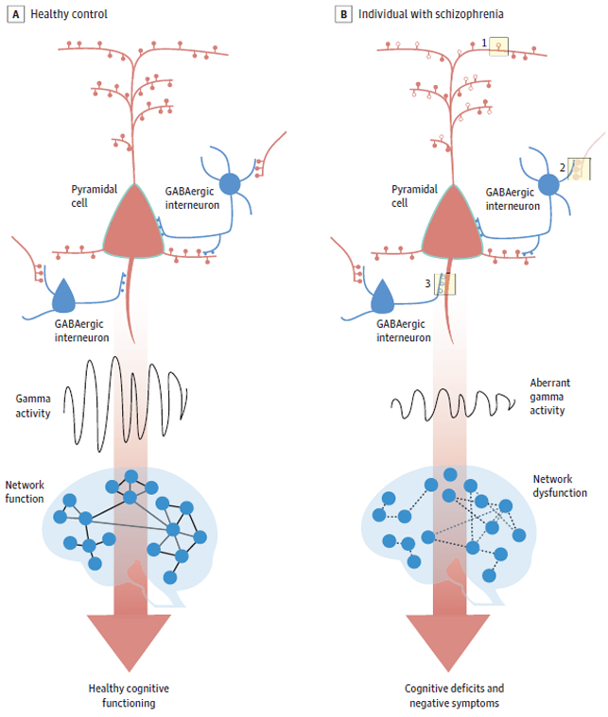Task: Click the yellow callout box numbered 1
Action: click(498, 45)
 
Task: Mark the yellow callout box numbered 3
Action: click(444, 284)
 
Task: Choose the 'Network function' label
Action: click(25, 491)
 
